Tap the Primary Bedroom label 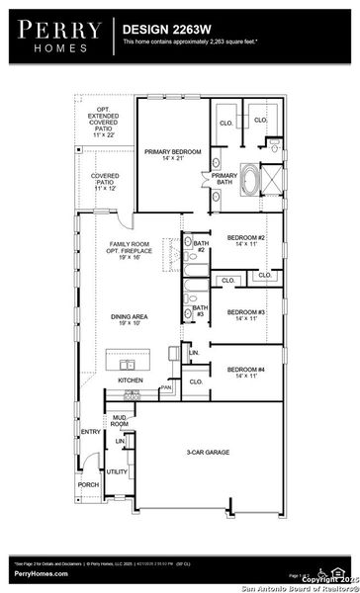click(172, 155)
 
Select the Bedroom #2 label click(245, 241)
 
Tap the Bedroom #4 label click(245, 373)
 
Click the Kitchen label click(131, 381)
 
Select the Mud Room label click(120, 421)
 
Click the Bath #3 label click(199, 310)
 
